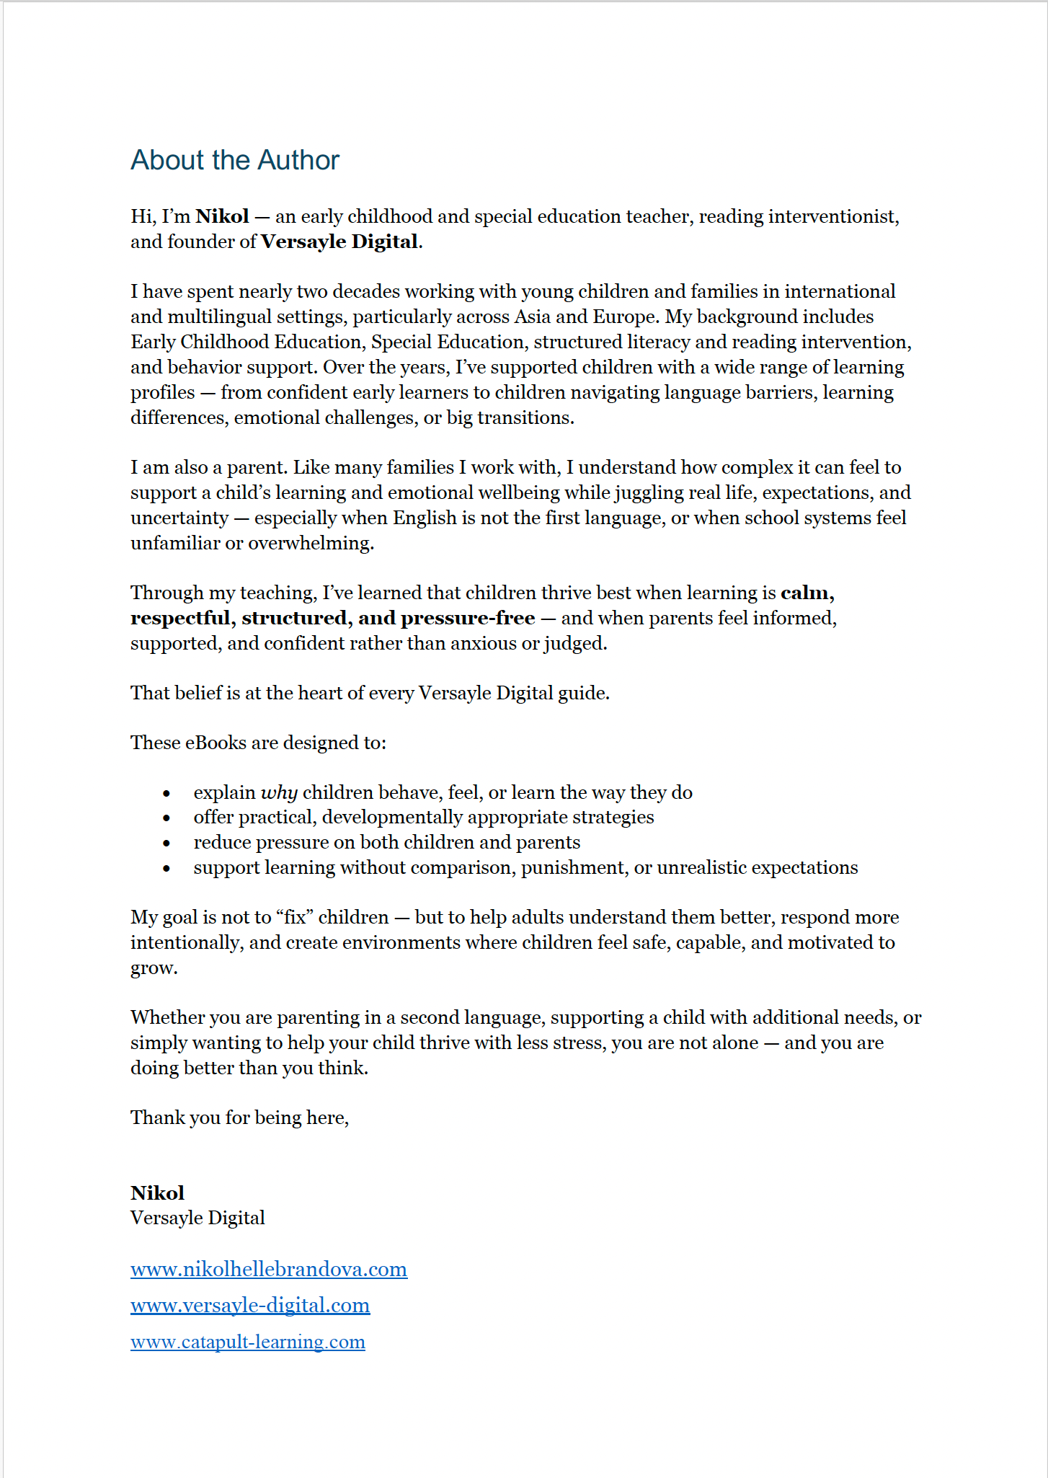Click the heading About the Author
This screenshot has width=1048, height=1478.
coord(234,160)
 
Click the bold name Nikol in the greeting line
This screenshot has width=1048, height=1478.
coord(222,216)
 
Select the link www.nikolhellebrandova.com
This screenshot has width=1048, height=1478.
coord(269,1269)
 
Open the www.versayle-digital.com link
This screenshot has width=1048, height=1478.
coord(250,1305)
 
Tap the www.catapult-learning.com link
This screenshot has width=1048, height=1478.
coord(248,1342)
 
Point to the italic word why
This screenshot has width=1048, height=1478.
coord(279,793)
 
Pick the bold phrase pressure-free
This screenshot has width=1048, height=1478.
coord(468,619)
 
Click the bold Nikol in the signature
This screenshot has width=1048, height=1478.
coord(157,1193)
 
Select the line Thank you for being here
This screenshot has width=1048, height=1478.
coord(239,1118)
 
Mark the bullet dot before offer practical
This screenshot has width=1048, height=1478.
coord(166,818)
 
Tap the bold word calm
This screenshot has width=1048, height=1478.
coord(806,593)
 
